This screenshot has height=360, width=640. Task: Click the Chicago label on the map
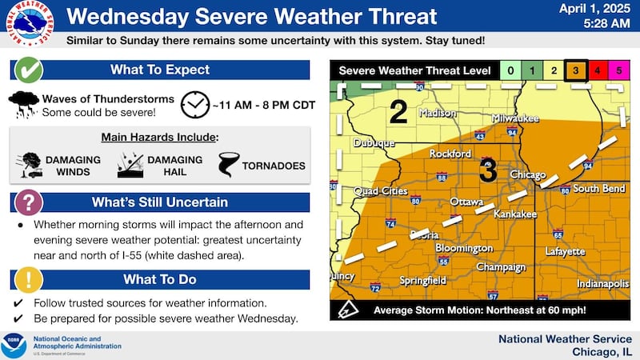528,174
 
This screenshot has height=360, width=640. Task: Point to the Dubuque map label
374,143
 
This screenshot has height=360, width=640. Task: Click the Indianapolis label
588,284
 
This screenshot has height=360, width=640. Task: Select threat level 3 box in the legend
574,71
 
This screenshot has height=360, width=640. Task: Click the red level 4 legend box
596,71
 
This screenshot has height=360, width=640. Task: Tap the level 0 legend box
510,71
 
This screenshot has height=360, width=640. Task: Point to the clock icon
194,104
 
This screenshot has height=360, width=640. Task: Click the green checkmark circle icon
30,70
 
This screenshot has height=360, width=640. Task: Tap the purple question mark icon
30,202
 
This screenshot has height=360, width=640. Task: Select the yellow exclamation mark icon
30,279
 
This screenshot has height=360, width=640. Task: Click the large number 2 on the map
398,112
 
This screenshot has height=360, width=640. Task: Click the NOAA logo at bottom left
14,345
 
